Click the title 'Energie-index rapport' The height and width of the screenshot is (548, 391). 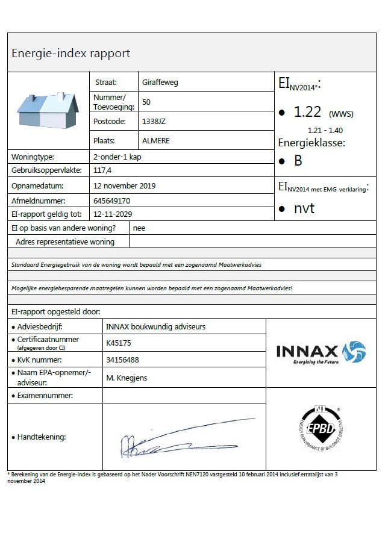(71, 53)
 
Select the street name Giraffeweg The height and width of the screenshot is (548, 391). (160, 82)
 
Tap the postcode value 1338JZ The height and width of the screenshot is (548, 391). (154, 121)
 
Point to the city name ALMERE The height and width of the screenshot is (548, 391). (156, 140)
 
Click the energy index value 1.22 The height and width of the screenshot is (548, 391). (308, 112)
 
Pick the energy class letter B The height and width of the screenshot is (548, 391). (298, 161)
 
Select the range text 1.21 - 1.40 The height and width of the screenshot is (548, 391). (326, 130)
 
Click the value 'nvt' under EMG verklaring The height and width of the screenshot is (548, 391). (304, 209)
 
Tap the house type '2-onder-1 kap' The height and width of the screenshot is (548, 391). (118, 157)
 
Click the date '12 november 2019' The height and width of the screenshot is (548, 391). (125, 185)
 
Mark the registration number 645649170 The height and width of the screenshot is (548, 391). (112, 201)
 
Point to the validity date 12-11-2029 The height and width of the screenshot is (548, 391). (113, 214)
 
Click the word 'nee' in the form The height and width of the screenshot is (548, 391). (139, 228)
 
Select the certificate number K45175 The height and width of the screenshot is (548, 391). (118, 343)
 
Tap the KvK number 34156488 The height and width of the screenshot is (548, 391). (122, 360)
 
